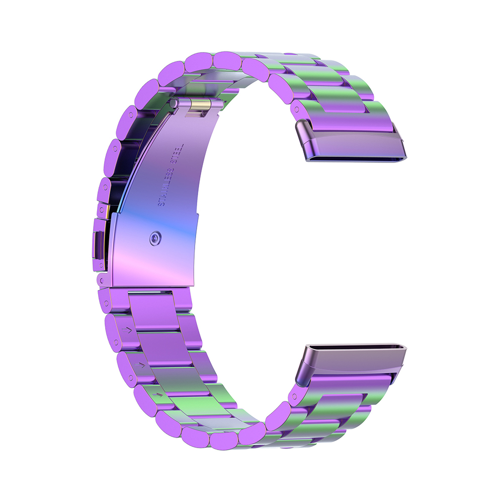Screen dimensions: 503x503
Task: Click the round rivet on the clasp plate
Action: click(x=155, y=238)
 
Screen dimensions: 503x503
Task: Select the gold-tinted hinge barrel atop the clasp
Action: click(x=199, y=105)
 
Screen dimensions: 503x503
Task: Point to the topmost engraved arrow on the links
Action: click(x=127, y=330)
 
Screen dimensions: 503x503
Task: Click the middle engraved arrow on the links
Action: click(x=140, y=365)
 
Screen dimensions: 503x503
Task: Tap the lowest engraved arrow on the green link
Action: click(x=157, y=394)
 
